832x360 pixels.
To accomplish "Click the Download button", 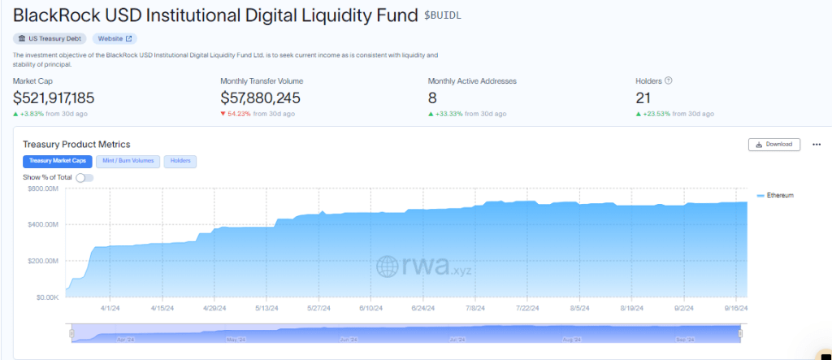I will pos(773,145).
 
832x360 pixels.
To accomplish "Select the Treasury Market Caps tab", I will pos(57,161).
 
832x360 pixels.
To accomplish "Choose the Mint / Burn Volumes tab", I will pos(128,161).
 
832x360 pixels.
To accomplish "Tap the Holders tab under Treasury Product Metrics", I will pos(180,161).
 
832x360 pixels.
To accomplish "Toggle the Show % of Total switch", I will pos(84,177).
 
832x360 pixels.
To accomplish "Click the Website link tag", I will pos(115,38).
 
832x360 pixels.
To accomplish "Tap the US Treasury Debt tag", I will pos(50,38).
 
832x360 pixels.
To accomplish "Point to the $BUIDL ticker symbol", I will pos(447,15).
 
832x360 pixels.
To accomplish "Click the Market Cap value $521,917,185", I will pos(54,98).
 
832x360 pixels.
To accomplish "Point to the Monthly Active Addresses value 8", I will pos(432,98).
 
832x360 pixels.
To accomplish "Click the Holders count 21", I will pos(644,98).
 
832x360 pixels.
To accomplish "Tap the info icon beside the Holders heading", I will pos(669,80).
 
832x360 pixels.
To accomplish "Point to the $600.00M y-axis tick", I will pos(44,188).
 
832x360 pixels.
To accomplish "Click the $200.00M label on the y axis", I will pos(44,261).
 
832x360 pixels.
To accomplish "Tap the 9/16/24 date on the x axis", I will pos(735,309).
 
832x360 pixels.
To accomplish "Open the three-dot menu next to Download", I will pos(817,145).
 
